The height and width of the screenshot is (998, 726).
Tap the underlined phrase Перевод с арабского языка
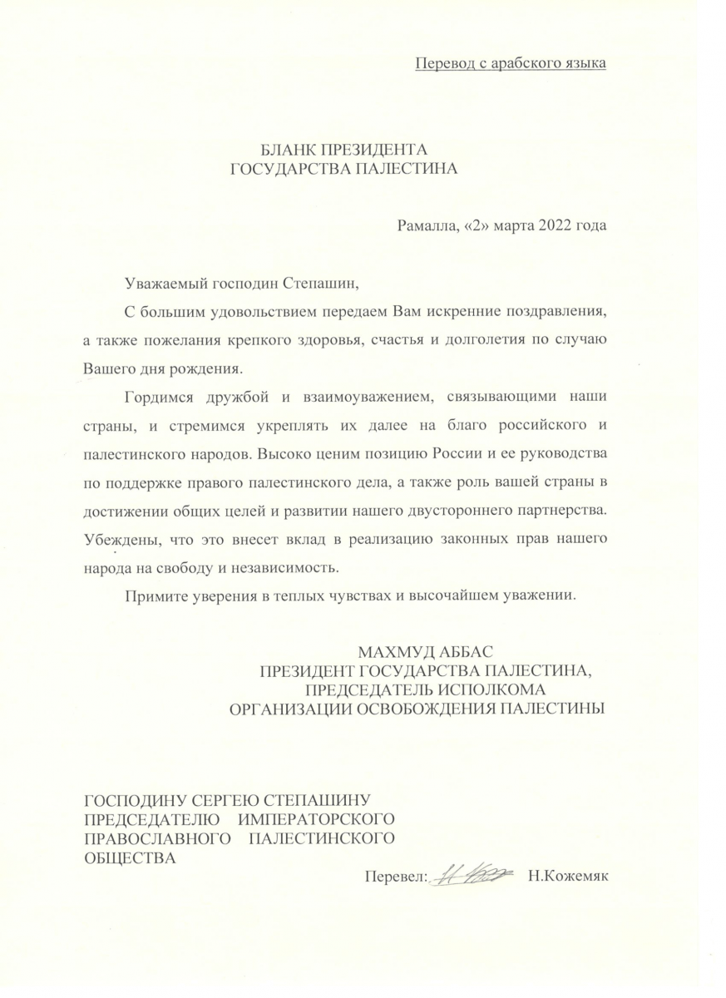tap(510, 63)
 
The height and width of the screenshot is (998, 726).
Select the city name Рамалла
tap(425, 225)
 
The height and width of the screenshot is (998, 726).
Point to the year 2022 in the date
tap(554, 225)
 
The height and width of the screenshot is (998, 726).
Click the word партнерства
tap(556, 508)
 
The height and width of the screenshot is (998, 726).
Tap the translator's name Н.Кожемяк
tap(568, 876)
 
